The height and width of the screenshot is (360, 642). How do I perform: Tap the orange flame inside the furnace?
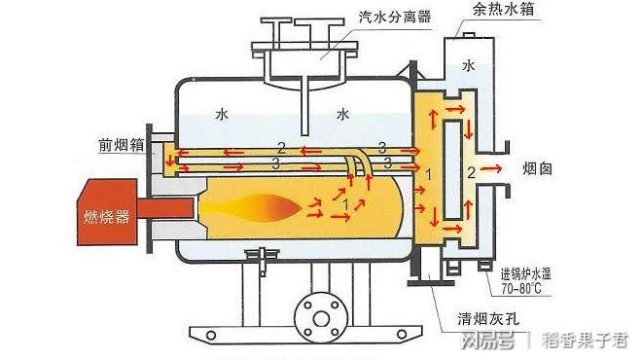tap(259, 207)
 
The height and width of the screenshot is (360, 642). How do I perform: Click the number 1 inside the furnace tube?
tap(347, 202)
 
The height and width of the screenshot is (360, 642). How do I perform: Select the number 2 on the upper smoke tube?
tap(280, 147)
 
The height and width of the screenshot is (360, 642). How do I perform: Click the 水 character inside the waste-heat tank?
tap(470, 66)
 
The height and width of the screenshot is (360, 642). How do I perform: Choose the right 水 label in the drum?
tap(342, 114)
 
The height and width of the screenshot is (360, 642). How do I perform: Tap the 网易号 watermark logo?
tap(487, 341)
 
